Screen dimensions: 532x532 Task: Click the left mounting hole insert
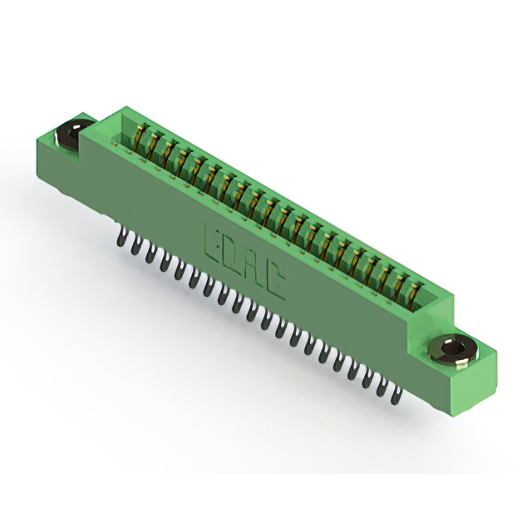point(71,133)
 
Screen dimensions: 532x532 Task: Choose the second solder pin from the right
point(382,387)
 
